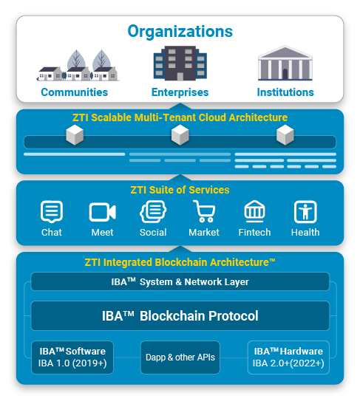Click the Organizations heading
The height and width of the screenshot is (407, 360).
point(180,32)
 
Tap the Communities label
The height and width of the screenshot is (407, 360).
point(74,92)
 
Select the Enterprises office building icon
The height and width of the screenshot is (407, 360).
point(180,63)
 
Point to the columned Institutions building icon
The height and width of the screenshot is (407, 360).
point(285,63)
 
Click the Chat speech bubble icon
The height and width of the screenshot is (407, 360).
point(52,211)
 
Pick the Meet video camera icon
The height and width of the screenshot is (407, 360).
point(102,212)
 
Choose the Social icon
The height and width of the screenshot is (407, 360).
point(153,211)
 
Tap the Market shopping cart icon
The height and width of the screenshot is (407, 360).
point(204,211)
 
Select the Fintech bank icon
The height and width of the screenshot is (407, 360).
point(254,211)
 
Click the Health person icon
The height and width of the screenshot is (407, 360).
point(305,212)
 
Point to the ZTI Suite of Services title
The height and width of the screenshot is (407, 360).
point(180,190)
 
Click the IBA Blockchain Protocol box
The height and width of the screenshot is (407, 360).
point(180,315)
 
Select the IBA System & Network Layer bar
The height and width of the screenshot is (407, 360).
point(180,281)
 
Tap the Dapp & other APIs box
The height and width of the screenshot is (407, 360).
point(180,358)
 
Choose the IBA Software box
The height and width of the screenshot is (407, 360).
point(72,358)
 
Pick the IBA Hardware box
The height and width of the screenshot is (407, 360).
point(288,358)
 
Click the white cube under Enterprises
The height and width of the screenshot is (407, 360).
point(180,135)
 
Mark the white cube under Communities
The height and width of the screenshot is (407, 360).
point(75,135)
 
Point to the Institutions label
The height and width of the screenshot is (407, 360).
point(285,92)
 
